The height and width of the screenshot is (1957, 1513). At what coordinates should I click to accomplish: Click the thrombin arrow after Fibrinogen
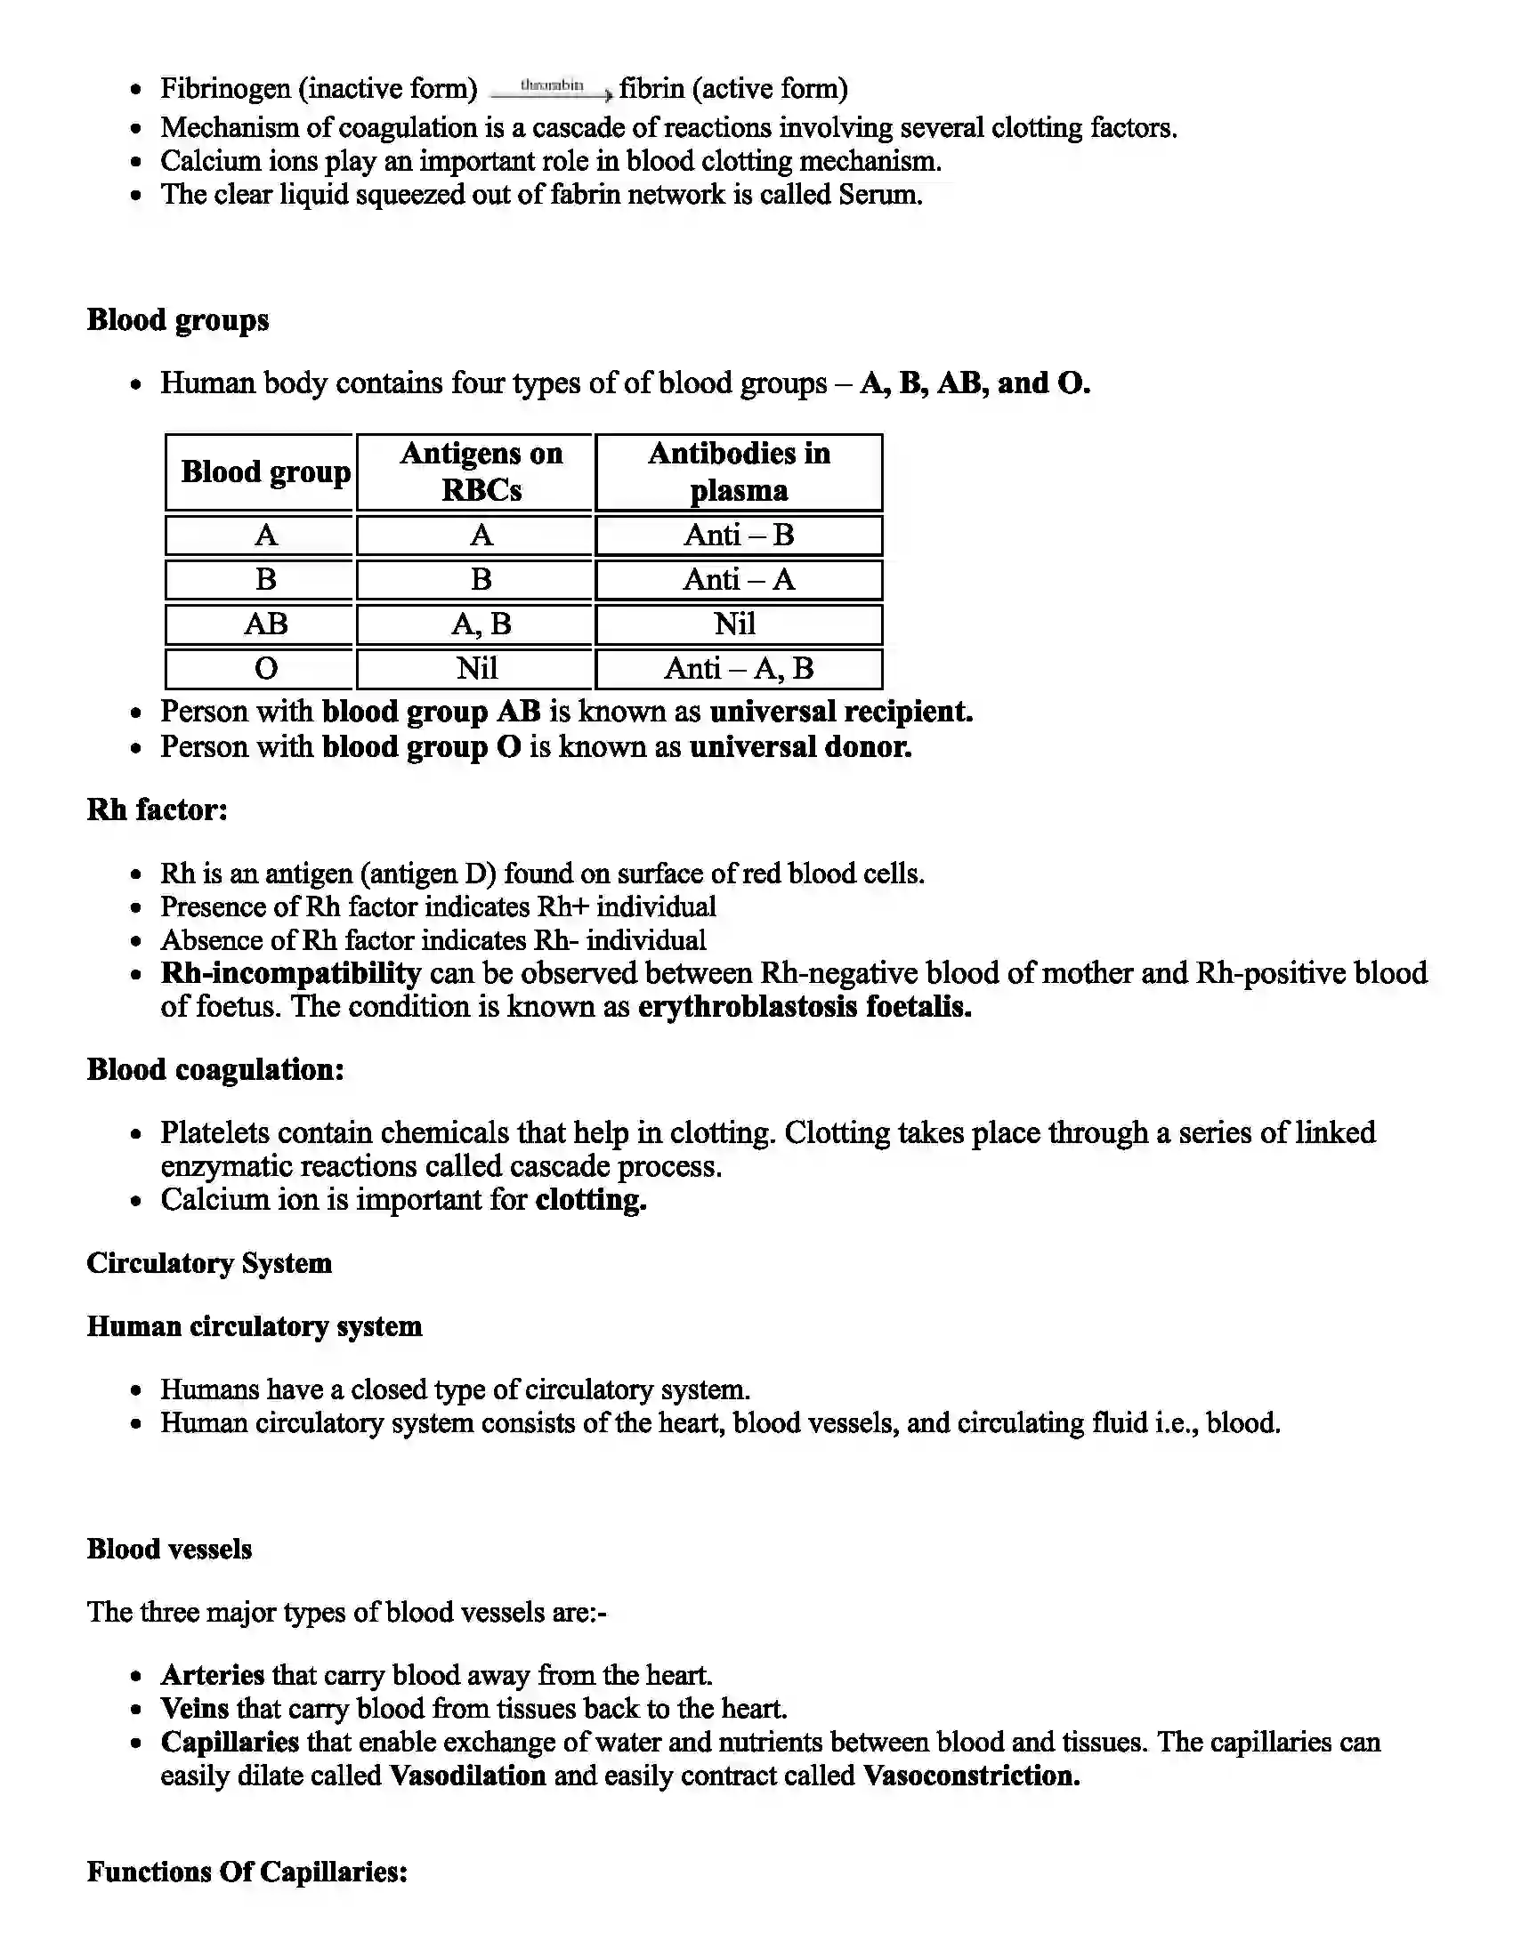[x=552, y=88]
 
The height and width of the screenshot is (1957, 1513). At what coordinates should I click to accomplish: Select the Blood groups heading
[x=177, y=320]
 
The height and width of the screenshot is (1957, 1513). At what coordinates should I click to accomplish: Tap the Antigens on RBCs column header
[x=481, y=471]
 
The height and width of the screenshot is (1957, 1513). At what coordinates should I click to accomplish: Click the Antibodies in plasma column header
[x=739, y=471]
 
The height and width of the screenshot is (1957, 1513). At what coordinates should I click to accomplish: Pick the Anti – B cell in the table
[x=739, y=535]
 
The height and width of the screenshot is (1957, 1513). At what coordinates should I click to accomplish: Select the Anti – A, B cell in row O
[x=739, y=667]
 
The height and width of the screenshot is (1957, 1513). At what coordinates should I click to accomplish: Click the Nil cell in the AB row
[x=735, y=623]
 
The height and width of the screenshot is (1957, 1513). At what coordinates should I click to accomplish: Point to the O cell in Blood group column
[x=265, y=667]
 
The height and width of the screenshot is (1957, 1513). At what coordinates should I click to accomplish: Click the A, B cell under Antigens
[x=481, y=623]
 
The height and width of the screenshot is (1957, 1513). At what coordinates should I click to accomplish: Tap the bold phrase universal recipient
[x=841, y=712]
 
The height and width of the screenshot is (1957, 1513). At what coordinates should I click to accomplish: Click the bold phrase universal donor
[x=800, y=746]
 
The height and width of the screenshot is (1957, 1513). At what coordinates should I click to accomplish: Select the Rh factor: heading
[x=157, y=809]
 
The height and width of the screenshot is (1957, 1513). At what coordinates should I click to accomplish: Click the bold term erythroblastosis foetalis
[x=804, y=1006]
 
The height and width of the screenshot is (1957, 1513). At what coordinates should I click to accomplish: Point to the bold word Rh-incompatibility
[x=290, y=973]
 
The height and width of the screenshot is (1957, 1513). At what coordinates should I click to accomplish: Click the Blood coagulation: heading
[x=215, y=1069]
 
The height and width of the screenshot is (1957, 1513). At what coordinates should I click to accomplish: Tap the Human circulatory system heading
[x=254, y=1325]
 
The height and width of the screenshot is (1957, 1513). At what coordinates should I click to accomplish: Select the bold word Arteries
[x=213, y=1674]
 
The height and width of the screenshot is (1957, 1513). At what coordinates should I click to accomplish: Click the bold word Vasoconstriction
[x=971, y=1776]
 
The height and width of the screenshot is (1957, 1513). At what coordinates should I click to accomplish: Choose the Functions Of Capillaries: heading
[x=247, y=1871]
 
